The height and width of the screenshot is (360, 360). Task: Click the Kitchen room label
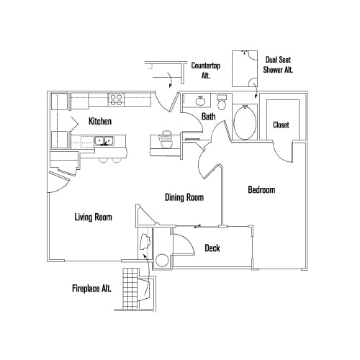click(x=99, y=121)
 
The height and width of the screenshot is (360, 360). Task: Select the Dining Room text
click(x=184, y=197)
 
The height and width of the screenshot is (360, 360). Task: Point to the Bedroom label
click(x=262, y=190)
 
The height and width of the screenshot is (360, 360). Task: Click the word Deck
click(x=212, y=248)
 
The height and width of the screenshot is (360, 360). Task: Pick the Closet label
click(x=281, y=125)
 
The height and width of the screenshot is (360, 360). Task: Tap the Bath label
click(x=208, y=116)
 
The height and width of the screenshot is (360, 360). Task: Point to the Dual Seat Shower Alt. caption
click(x=280, y=65)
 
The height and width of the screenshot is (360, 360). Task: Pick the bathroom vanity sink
click(x=197, y=101)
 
